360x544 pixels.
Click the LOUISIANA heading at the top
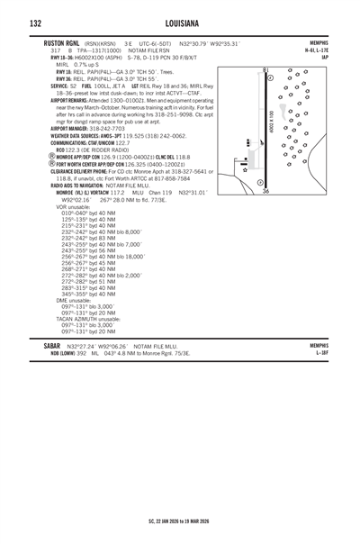tap(179, 23)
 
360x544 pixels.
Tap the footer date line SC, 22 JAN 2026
tap(180, 521)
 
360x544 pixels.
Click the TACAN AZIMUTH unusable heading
tap(85, 316)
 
